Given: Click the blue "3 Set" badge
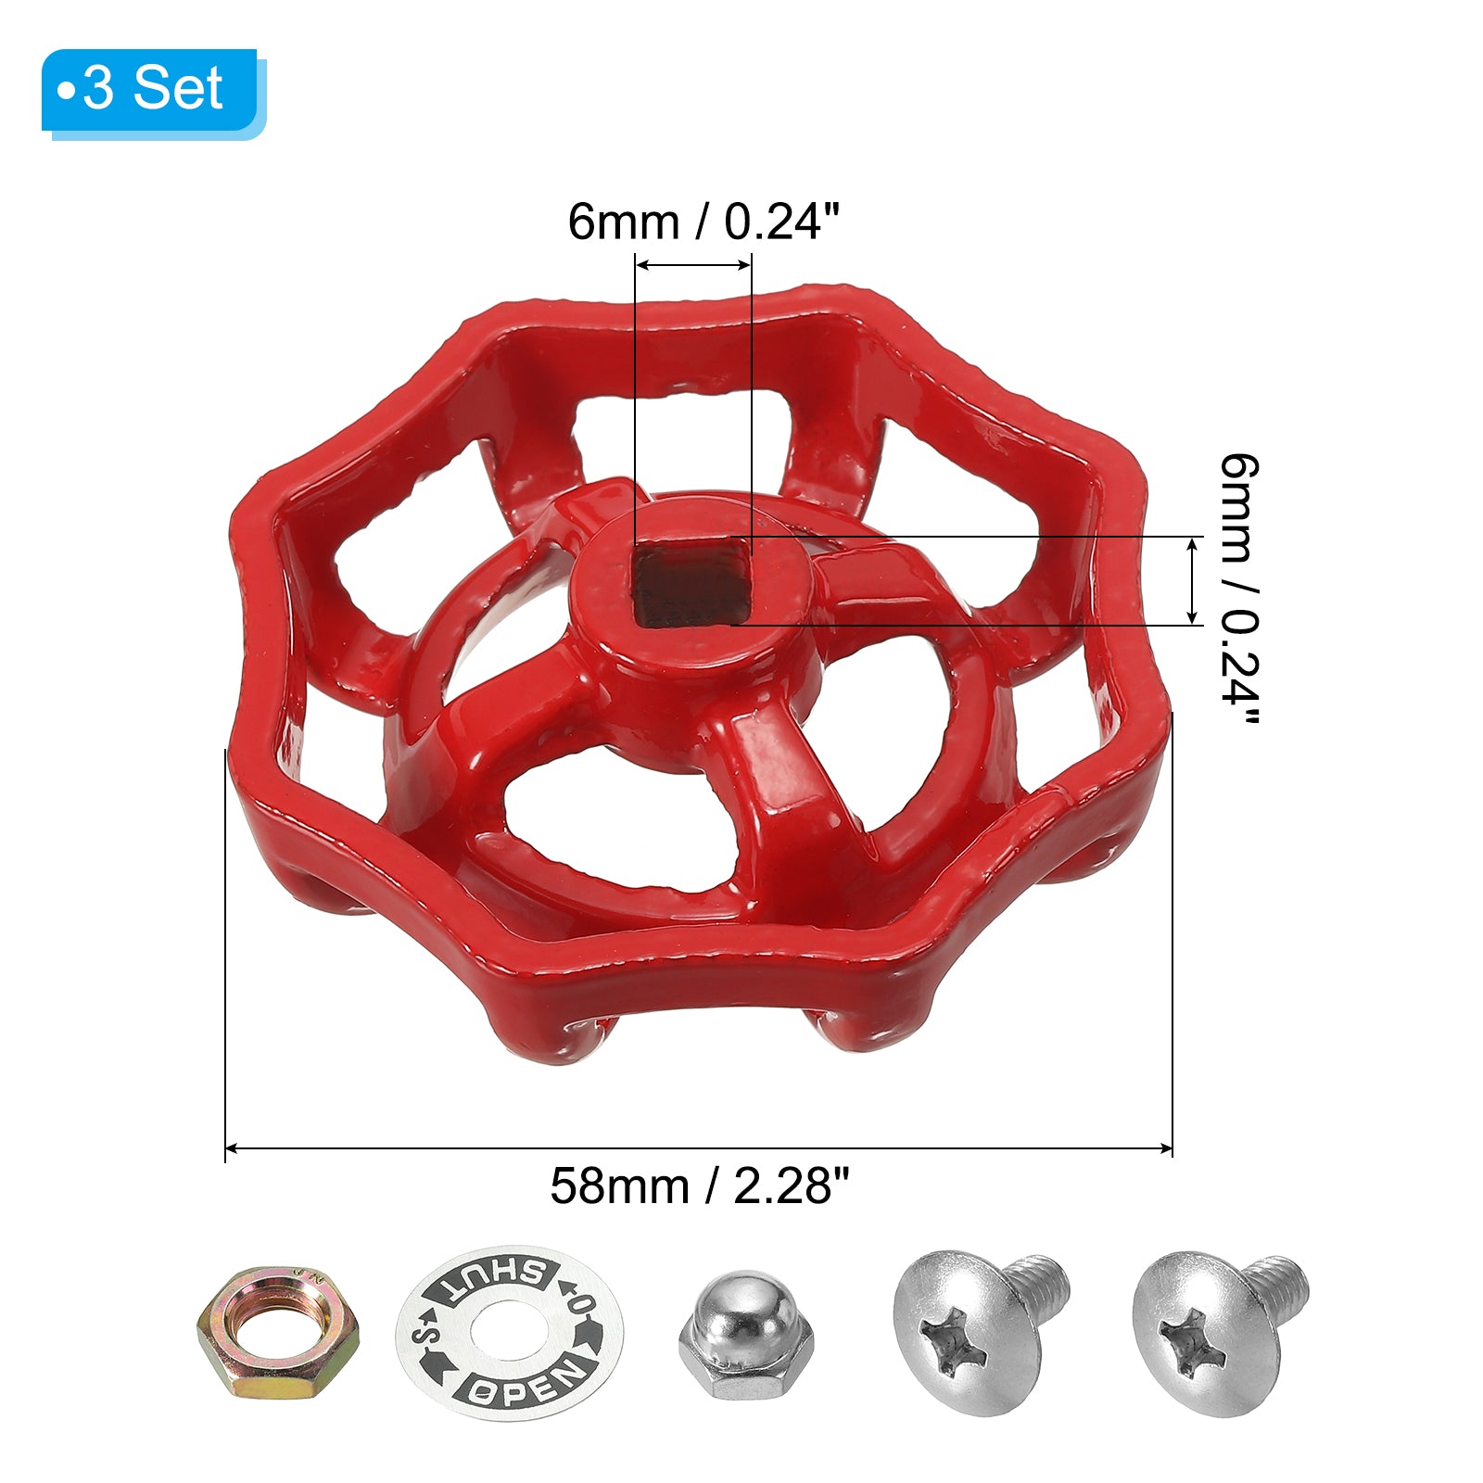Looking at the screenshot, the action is tap(153, 92).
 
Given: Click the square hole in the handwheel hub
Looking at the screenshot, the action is tap(691, 584).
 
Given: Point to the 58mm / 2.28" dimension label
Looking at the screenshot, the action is tap(699, 1185).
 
